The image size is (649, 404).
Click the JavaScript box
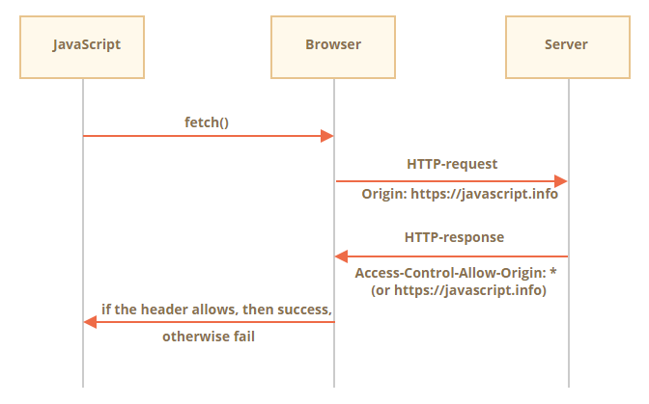click(82, 47)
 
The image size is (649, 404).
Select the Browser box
click(333, 47)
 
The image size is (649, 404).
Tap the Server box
click(568, 47)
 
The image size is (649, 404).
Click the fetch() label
click(207, 122)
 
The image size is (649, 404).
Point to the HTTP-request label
click(452, 164)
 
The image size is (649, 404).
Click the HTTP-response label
click(454, 237)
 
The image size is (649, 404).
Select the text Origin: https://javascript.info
click(460, 194)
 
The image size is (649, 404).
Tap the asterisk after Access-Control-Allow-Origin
click(553, 271)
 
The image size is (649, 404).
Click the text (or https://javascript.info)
click(459, 290)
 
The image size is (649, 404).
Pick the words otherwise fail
click(209, 337)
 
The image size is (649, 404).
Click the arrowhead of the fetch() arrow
click(327, 136)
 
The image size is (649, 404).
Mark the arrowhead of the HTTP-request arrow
click(561, 181)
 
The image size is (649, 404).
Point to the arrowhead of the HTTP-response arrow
click(341, 256)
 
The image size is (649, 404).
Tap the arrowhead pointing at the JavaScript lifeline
click(90, 322)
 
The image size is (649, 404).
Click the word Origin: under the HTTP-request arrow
click(384, 194)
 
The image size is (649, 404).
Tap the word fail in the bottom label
click(243, 337)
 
